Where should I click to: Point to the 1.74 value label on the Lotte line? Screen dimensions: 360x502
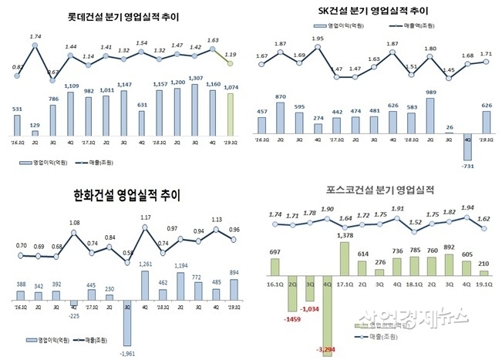[35, 36]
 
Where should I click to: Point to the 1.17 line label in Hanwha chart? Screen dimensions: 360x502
[145, 218]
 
